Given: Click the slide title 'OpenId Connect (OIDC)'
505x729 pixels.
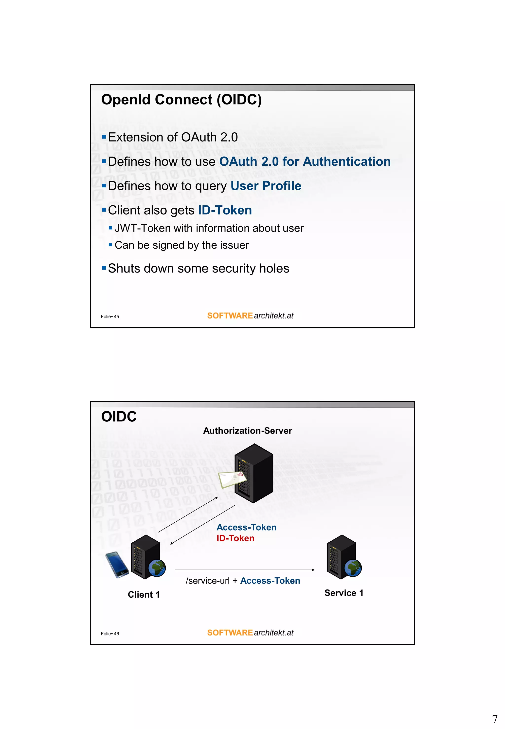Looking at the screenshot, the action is coord(181,99).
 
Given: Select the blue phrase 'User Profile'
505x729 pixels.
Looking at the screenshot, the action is coord(266,186).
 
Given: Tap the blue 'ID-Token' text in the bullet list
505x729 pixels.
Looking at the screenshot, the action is coord(225,210).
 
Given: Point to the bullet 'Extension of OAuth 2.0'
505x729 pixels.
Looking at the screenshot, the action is coord(173,137).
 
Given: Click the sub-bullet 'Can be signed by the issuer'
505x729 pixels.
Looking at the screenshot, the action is coord(182,245).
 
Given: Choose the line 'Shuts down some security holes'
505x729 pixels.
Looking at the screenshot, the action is coord(198,268).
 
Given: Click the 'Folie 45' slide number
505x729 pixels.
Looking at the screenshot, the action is coord(110,316).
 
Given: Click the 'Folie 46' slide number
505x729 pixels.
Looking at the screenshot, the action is coord(110,634).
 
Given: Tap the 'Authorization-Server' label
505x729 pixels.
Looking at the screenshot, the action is coord(247,431).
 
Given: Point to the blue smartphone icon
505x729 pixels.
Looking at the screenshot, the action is coord(117,565).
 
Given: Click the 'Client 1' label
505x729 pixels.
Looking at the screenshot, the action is coord(144,595).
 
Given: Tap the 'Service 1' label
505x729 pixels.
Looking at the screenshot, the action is coord(344,593).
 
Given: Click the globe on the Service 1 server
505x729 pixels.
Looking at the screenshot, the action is coord(353,568).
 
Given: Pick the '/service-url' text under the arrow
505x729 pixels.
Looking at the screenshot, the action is coord(208,581).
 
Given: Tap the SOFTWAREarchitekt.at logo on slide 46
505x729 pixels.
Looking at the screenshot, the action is coord(250,633).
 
